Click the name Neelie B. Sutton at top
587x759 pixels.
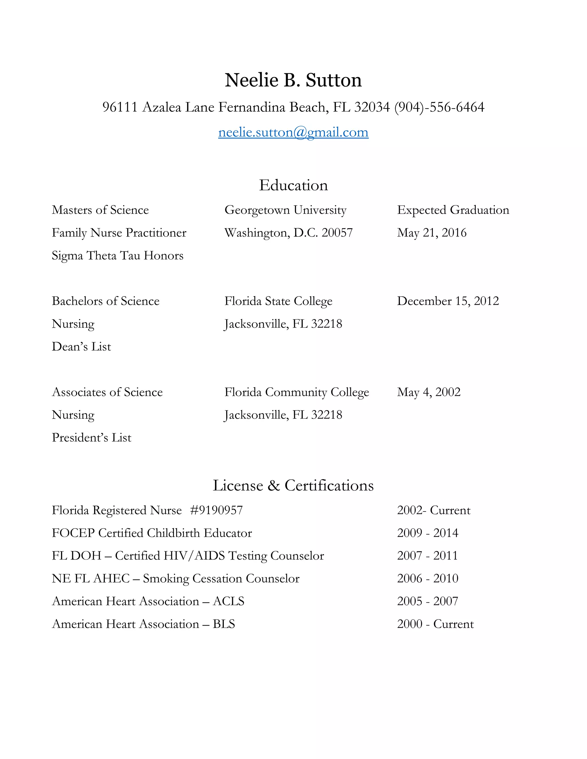(x=293, y=80)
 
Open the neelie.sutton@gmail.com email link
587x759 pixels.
(x=293, y=132)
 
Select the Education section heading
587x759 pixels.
(x=293, y=185)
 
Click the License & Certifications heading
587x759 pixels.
(x=293, y=485)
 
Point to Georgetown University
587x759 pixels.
(x=285, y=210)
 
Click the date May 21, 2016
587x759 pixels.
(x=432, y=233)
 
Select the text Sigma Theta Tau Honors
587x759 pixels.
(x=118, y=255)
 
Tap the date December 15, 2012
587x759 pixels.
(x=448, y=301)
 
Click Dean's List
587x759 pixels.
(x=81, y=347)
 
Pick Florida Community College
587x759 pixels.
(x=296, y=392)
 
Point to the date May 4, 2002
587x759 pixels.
(x=428, y=392)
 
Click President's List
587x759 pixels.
(x=91, y=438)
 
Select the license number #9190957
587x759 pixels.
(x=216, y=510)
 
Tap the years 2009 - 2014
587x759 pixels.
(x=427, y=533)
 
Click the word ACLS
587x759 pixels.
(x=228, y=601)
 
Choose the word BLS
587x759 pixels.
(x=224, y=624)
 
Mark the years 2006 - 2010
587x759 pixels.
(x=427, y=578)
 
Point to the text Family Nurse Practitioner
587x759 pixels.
(x=119, y=233)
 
